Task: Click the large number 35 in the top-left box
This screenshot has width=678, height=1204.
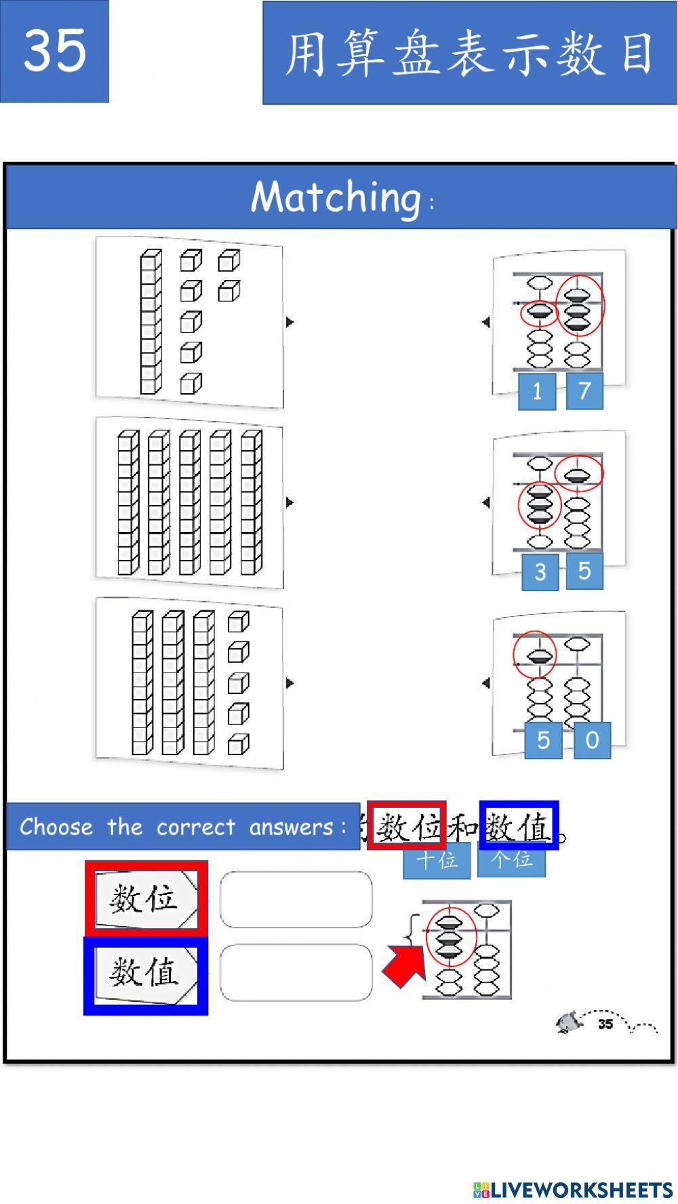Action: click(54, 50)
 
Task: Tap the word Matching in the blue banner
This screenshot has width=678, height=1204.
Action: click(336, 197)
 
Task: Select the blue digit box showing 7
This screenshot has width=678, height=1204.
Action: click(584, 391)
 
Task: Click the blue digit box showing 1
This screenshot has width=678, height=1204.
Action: click(537, 391)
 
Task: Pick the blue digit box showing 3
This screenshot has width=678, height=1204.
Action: click(540, 571)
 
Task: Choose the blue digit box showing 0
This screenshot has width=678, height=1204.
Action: click(592, 740)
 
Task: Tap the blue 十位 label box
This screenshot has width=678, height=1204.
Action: click(436, 861)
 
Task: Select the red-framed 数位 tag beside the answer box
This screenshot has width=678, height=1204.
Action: click(145, 899)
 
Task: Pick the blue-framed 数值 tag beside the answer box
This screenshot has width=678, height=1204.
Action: click(145, 974)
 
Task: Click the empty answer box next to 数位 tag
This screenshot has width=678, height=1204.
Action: click(296, 900)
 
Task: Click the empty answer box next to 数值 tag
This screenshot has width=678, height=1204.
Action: click(296, 972)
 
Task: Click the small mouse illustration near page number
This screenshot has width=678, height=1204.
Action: click(569, 1022)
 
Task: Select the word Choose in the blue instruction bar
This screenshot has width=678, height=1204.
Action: click(56, 827)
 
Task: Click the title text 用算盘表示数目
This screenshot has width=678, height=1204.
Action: click(469, 53)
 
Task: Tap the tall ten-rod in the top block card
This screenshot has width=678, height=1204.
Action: click(151, 322)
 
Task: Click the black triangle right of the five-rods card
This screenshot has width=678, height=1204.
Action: click(290, 502)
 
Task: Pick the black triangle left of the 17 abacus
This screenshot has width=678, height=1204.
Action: click(485, 322)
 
